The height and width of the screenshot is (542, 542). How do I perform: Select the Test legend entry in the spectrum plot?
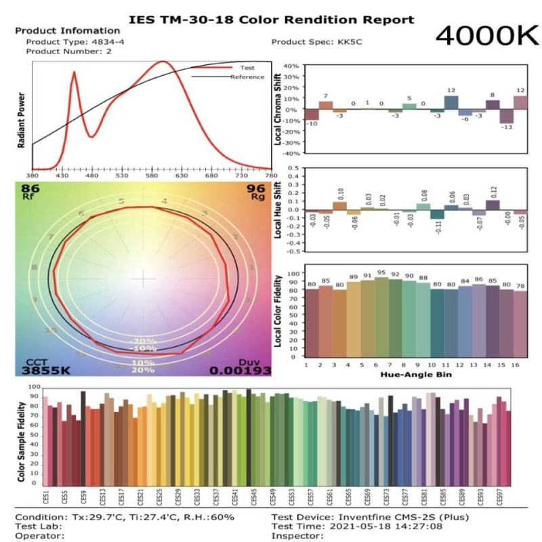pos(245,68)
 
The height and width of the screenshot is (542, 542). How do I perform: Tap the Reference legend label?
pos(247,77)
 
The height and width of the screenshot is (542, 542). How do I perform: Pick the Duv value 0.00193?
pos(240,371)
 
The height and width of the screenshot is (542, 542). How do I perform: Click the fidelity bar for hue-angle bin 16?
pos(520,324)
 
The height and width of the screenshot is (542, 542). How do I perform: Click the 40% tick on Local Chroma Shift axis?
pos(290,66)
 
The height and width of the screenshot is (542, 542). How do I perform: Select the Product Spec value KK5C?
pos(346,42)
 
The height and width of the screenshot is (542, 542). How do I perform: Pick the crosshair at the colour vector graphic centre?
pos(143,279)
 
